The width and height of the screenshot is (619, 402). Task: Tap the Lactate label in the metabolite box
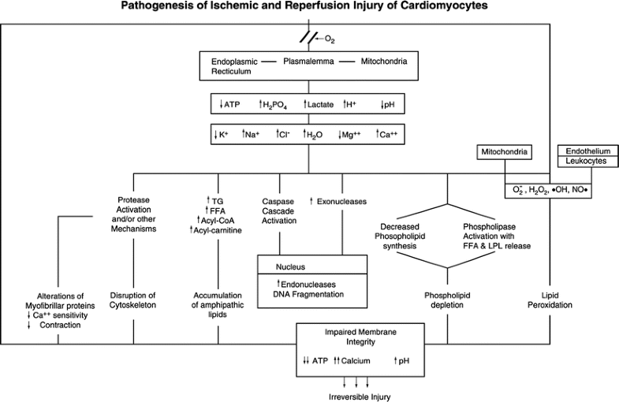[x=321, y=104]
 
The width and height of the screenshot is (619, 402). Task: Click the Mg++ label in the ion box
[x=351, y=136]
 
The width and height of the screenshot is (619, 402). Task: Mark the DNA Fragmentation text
[x=310, y=293]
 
